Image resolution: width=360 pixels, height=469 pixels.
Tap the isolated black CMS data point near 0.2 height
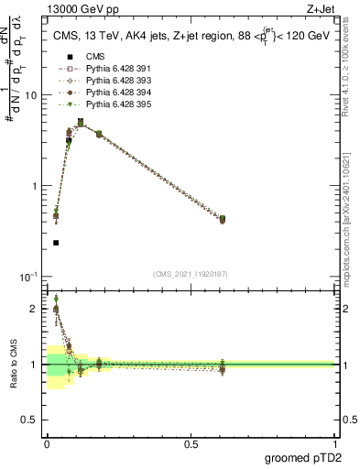56,243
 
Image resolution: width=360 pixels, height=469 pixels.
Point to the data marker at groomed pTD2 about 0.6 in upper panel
223,219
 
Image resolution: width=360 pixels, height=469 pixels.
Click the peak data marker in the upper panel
81,122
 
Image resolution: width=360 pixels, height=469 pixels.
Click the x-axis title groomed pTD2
302,459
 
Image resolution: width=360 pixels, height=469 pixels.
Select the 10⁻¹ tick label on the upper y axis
31,276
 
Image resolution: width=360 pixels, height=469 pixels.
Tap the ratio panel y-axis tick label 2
37,309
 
